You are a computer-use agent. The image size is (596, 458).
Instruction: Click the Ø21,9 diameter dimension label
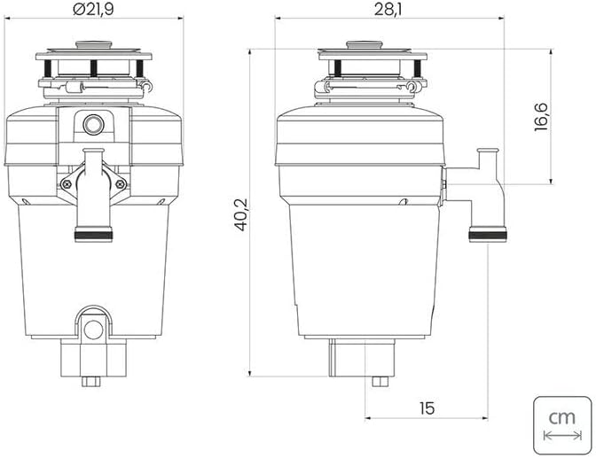pos(93,9)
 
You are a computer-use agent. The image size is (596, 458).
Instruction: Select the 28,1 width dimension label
pos(388,10)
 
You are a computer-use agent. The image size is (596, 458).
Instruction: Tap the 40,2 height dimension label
pos(241,214)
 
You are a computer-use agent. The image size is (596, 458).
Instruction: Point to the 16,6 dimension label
pos(541,117)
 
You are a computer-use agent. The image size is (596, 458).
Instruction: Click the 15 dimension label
pos(427,408)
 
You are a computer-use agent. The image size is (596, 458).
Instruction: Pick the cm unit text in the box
pos(561,418)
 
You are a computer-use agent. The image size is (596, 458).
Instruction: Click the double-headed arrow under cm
pos(562,435)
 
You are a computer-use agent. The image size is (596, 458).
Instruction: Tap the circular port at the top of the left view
pos(93,124)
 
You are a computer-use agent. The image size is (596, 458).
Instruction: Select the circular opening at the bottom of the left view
pos(93,330)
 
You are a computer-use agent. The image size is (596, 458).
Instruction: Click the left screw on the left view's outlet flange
pos(67,184)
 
